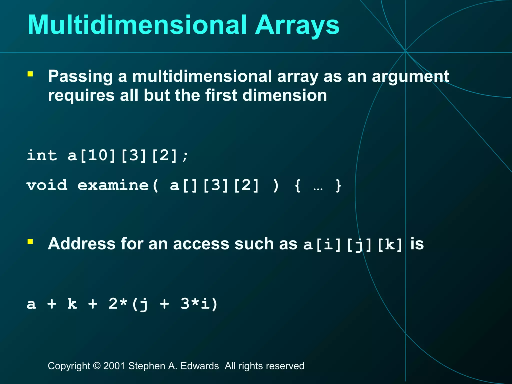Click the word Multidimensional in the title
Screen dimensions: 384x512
tap(137, 25)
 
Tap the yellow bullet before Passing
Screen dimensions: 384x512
tap(30, 74)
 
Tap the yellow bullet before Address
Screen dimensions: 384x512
tap(30, 241)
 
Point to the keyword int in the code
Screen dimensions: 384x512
tap(42, 155)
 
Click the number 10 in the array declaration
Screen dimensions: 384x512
tap(98, 155)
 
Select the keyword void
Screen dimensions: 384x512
tap(47, 185)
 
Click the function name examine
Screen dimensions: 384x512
tap(113, 185)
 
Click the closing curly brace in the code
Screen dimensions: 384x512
tap(338, 185)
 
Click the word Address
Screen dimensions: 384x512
tap(82, 244)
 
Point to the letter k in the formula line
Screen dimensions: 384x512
tap(72, 304)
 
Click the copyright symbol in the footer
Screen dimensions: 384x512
tap(96, 366)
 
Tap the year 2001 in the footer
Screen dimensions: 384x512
tap(114, 366)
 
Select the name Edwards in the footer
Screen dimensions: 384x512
tap(199, 366)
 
